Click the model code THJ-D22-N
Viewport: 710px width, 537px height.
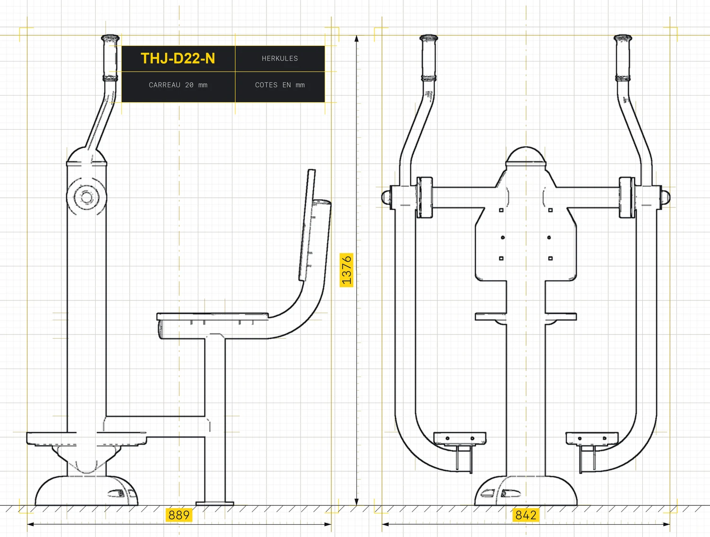pyautogui.click(x=178, y=59)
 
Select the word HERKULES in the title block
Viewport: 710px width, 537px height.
pyautogui.click(x=280, y=59)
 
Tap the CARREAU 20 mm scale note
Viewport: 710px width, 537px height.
pyautogui.click(x=178, y=85)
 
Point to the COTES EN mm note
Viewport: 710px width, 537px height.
pyautogui.click(x=280, y=85)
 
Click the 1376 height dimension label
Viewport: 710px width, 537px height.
pyautogui.click(x=346, y=270)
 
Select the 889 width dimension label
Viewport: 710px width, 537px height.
pyautogui.click(x=179, y=515)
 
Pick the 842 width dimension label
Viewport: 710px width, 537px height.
pyautogui.click(x=526, y=515)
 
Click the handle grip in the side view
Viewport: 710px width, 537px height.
pyautogui.click(x=110, y=58)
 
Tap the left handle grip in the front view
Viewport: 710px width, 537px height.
pyautogui.click(x=428, y=58)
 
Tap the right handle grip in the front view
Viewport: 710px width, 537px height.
pyautogui.click(x=622, y=58)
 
